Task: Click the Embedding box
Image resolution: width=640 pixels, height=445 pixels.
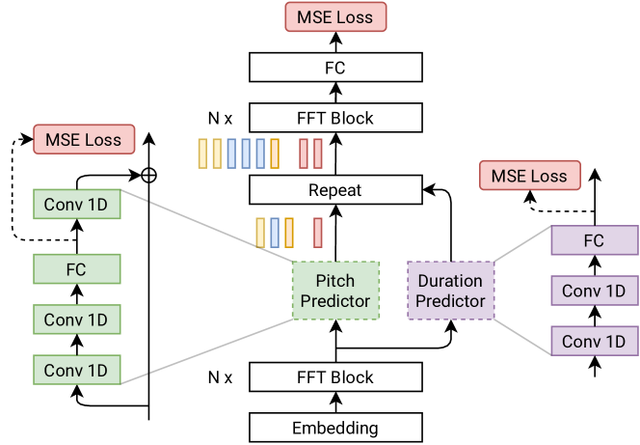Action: click(x=335, y=428)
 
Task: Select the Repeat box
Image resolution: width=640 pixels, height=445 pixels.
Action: click(x=335, y=190)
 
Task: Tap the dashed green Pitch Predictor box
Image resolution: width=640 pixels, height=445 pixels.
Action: click(x=335, y=291)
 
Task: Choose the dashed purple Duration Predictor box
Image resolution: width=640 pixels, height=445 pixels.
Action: click(x=451, y=291)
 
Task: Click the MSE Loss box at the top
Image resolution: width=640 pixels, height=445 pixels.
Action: click(x=335, y=16)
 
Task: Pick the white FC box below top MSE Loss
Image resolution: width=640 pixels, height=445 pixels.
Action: click(x=335, y=68)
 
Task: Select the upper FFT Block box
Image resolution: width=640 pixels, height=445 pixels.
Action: click(x=335, y=118)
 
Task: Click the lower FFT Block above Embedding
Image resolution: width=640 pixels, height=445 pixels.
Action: click(x=335, y=376)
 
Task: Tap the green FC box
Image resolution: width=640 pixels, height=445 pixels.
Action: click(x=77, y=269)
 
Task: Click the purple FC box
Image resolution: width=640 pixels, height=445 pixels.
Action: click(x=595, y=240)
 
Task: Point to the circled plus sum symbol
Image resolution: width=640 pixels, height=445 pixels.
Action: click(x=148, y=176)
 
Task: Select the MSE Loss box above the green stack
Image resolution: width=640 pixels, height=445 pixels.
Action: click(x=84, y=139)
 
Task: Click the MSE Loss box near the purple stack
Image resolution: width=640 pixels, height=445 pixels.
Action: click(x=530, y=176)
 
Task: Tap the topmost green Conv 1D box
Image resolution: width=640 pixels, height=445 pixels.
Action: click(x=77, y=204)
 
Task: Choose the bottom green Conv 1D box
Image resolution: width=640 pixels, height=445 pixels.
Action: click(x=77, y=370)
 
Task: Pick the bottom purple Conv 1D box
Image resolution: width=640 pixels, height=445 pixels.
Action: click(x=595, y=341)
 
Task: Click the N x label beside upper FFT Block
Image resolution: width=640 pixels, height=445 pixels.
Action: click(x=220, y=119)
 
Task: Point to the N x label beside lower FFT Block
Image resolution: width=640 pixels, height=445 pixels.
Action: click(x=220, y=377)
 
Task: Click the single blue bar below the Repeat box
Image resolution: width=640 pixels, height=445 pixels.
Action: click(x=275, y=233)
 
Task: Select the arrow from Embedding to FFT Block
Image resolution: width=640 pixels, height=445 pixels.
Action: click(x=336, y=403)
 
